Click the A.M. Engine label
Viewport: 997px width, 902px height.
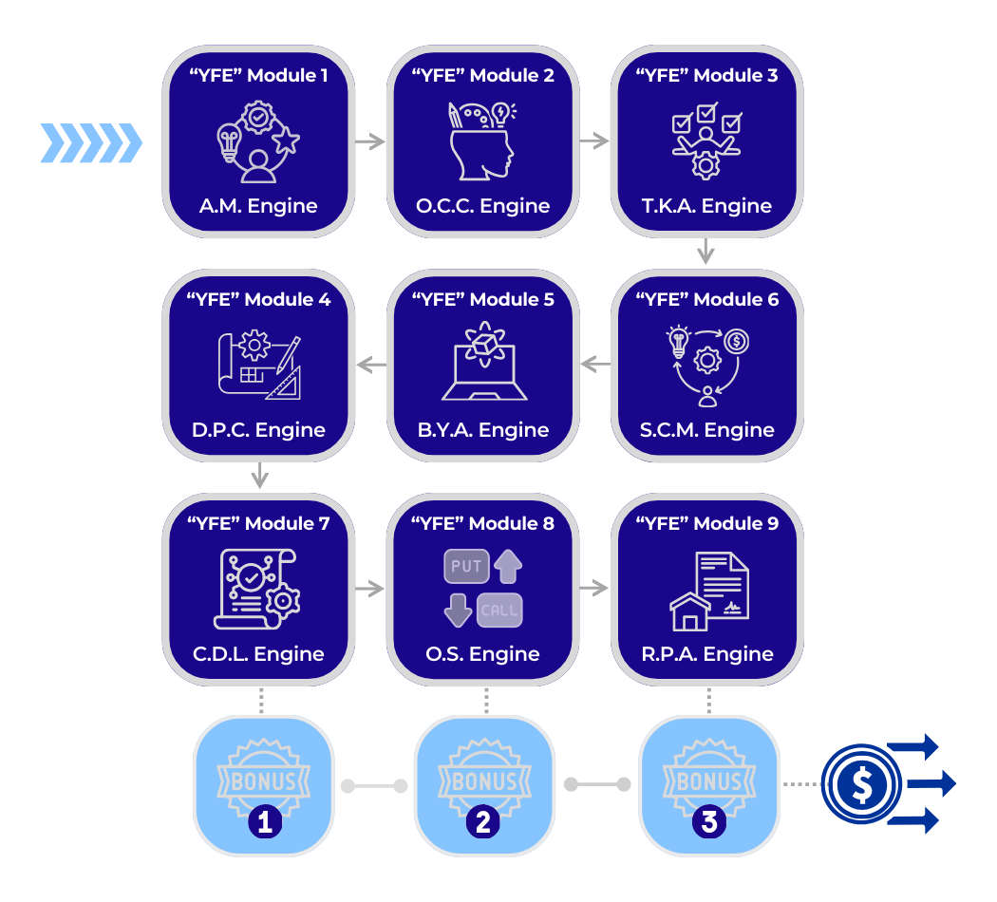258,206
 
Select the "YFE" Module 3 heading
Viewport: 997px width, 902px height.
706,75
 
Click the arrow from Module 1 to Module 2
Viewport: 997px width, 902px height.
370,141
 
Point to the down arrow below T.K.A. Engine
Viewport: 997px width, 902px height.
705,253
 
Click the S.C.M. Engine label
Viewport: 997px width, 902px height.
706,430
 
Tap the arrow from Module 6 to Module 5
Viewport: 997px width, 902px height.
595,364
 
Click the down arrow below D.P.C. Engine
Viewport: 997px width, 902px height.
259,476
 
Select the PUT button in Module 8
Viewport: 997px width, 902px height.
466,567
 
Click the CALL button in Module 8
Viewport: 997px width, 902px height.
499,611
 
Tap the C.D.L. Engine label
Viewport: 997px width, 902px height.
258,654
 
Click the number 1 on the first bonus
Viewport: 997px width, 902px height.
264,821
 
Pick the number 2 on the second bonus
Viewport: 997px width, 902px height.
483,821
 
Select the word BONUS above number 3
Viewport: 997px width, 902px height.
708,781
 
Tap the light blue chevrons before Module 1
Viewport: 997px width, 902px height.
91,143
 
